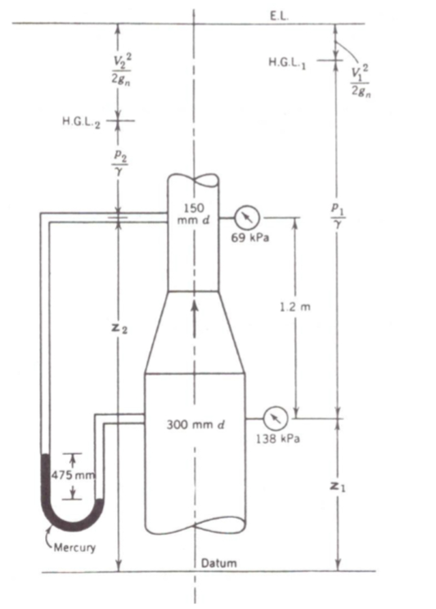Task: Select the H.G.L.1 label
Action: (287, 61)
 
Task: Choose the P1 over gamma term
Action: (338, 213)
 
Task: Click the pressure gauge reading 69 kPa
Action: (246, 217)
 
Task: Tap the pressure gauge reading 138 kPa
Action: (274, 416)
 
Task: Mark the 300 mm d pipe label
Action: (196, 426)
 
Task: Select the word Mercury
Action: (75, 547)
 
